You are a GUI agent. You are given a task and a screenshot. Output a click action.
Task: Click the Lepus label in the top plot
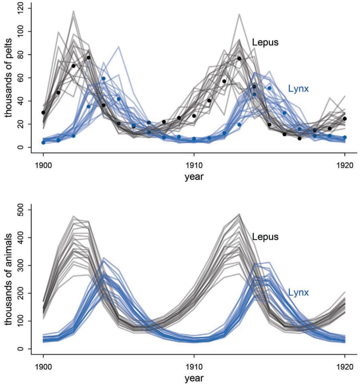pos(265,42)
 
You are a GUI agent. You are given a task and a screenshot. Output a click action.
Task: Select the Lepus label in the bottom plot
pos(265,236)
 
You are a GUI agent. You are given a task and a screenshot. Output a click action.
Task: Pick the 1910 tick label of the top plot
pos(194,166)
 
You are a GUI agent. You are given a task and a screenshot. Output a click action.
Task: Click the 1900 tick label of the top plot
pos(43,166)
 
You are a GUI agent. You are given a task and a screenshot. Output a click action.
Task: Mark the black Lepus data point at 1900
pos(43,113)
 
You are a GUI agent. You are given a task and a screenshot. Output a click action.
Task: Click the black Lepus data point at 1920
pos(345,119)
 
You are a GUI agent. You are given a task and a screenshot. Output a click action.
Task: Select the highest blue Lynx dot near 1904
pos(104,78)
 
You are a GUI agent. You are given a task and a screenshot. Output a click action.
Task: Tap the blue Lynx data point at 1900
pos(43,142)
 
